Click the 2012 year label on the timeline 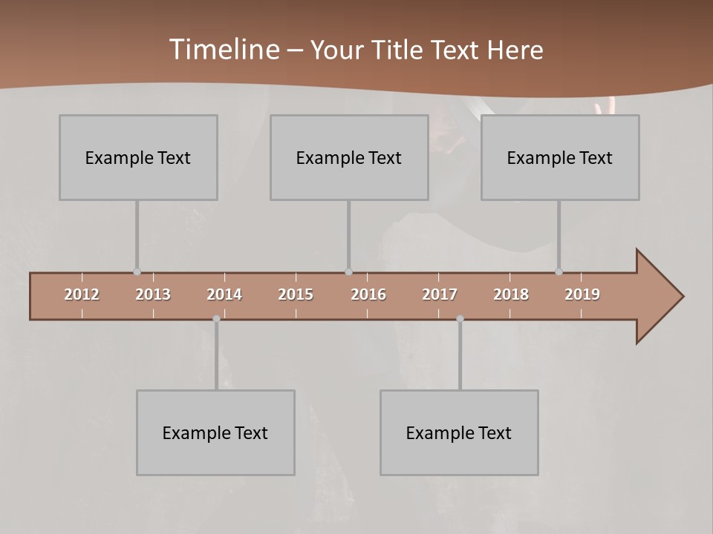click(82, 294)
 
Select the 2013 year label click(153, 294)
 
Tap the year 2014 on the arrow click(224, 294)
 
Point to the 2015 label click(296, 294)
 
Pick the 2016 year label click(368, 294)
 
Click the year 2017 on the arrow click(440, 294)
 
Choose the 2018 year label click(511, 294)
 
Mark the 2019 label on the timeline click(582, 294)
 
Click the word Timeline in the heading click(223, 50)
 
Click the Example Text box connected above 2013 click(138, 157)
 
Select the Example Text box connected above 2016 click(349, 157)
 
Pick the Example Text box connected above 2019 click(560, 157)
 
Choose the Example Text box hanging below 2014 click(215, 432)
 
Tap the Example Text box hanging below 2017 click(459, 432)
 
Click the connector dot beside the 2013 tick click(137, 271)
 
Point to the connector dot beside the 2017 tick click(460, 319)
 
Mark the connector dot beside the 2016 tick click(348, 271)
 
